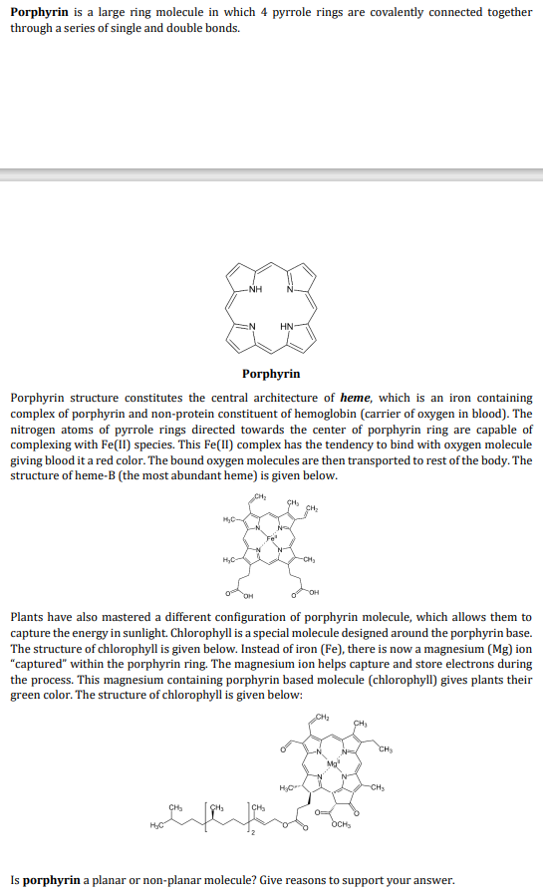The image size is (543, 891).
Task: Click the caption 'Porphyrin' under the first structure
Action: coord(271,374)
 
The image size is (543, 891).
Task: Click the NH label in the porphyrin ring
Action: coord(255,291)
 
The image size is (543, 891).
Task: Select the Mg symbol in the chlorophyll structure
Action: coord(334,762)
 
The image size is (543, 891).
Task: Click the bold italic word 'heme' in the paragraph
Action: coord(356,399)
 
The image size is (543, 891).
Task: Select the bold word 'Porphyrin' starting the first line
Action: coord(39,12)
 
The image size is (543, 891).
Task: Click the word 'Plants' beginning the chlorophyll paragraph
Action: coord(28,618)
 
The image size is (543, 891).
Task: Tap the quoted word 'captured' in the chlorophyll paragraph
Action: coord(41,664)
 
